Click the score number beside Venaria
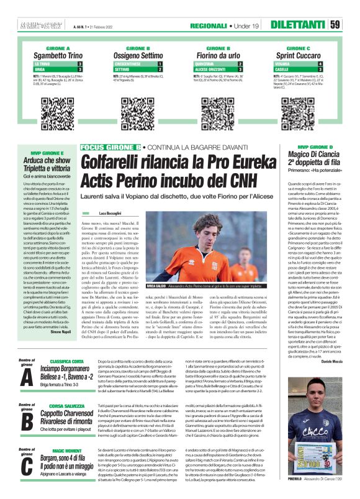[x=320, y=63]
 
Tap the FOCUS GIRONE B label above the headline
[x=109, y=147]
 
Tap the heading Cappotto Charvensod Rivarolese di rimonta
[x=70, y=415]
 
